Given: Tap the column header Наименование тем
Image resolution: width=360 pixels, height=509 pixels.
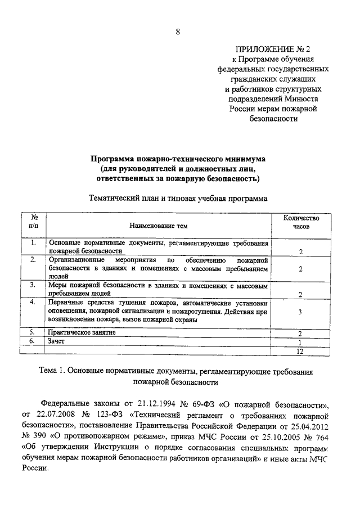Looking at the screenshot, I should (x=158, y=226).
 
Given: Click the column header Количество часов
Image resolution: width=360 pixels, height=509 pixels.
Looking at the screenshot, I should (x=301, y=222).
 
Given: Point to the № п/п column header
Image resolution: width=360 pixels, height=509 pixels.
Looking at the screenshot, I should (x=34, y=222).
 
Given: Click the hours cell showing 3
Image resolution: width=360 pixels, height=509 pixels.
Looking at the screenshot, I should (x=301, y=312).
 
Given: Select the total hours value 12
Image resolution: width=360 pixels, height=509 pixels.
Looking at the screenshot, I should (x=301, y=351).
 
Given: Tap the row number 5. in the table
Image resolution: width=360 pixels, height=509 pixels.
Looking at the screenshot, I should (x=33, y=332).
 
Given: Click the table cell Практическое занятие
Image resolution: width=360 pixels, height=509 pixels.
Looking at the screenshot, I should (x=82, y=332).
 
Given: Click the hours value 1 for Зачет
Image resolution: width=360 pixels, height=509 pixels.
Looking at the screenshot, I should (x=301, y=343).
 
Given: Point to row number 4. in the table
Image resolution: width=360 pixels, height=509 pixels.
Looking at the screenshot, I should (x=33, y=302).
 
